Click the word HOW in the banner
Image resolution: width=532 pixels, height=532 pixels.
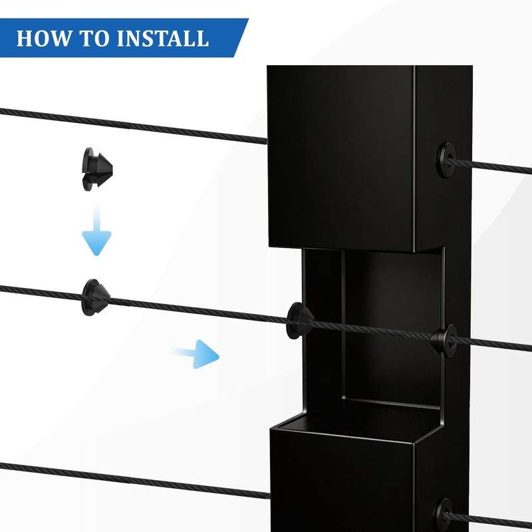[44, 38]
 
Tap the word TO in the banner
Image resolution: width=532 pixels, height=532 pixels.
[93, 38]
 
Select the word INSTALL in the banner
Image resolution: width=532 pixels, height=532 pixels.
[162, 38]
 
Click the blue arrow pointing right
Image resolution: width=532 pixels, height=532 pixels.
[196, 354]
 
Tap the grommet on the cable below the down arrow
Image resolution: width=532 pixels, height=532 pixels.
[96, 297]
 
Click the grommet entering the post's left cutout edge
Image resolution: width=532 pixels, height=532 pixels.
[299, 321]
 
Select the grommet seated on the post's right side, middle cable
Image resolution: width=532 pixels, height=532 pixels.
[444, 340]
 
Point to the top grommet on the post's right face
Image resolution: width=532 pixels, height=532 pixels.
[446, 160]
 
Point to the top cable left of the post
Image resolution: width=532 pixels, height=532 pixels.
[134, 126]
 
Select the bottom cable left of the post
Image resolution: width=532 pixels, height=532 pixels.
[135, 481]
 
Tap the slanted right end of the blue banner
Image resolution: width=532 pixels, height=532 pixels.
[241, 38]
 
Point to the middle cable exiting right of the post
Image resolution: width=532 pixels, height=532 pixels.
[491, 344]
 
